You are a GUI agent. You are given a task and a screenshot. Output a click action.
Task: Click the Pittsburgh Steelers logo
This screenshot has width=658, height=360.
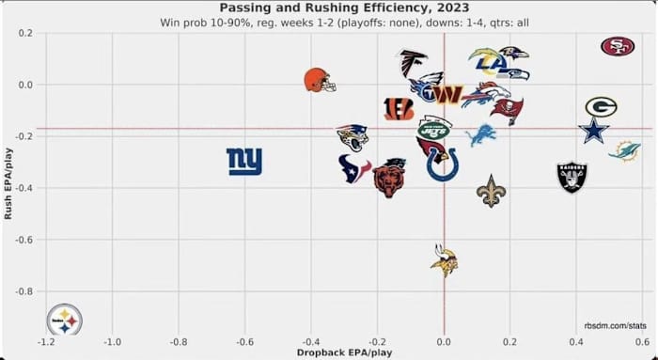(x=65, y=320)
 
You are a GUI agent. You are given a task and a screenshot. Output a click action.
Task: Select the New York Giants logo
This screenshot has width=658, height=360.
(x=244, y=162)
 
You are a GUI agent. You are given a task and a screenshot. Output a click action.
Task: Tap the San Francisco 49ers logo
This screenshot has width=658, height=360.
(x=618, y=46)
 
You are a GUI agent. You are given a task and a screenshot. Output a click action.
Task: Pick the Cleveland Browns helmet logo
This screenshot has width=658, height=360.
(x=320, y=80)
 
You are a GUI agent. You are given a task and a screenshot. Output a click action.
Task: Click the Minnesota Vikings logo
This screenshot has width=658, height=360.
(x=444, y=260)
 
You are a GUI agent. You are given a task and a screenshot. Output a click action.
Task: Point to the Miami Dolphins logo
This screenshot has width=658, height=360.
(x=624, y=150)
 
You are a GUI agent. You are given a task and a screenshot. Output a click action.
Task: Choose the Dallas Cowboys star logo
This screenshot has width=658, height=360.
(x=593, y=130)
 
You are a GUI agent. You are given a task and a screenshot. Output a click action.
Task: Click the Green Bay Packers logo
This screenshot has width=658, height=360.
(x=601, y=106)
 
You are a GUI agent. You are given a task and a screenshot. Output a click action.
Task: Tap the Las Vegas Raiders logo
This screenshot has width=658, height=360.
(x=572, y=177)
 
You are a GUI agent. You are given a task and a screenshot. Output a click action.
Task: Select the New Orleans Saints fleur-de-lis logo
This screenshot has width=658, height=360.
(x=491, y=191)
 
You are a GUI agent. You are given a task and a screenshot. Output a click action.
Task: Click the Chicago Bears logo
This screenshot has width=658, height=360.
(x=389, y=177)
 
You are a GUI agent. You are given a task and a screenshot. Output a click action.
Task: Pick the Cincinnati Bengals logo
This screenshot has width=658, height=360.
(x=399, y=108)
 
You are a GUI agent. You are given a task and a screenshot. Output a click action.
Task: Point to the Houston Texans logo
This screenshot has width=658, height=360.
(x=354, y=168)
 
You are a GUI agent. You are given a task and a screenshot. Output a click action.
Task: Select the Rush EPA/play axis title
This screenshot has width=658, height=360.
(x=8, y=183)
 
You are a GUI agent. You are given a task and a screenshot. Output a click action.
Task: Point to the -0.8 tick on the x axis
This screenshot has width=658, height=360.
(x=179, y=342)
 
